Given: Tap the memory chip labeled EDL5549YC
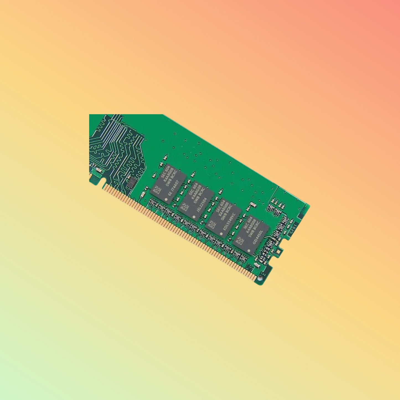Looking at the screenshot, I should (224, 218).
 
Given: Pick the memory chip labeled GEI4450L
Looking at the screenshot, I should (251, 235).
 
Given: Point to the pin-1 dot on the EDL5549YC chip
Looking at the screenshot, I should (221, 234).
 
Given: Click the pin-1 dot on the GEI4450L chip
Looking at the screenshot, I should (249, 251).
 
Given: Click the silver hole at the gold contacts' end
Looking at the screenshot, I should (260, 278).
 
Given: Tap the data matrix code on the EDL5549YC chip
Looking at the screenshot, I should (212, 224).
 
